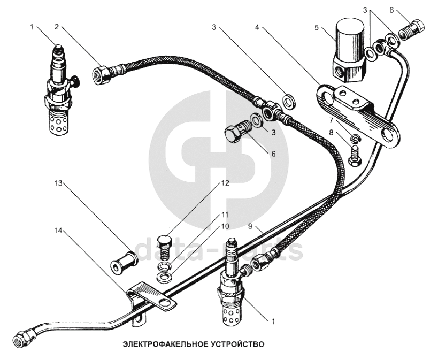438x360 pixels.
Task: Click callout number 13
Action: pos(58,183)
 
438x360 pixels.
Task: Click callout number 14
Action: pos(58,231)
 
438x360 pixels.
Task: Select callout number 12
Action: pos(226,183)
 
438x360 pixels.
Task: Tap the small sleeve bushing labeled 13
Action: pos(124,261)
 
